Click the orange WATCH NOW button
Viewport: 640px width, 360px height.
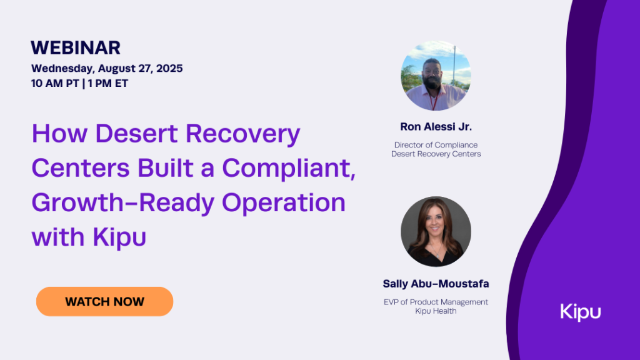coord(104,301)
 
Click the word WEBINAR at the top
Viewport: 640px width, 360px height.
coord(76,47)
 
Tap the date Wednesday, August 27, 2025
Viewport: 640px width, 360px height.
coord(107,68)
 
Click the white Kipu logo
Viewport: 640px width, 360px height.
coord(580,311)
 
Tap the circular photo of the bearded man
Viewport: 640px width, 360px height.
coord(436,76)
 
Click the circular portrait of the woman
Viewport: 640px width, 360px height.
coord(436,232)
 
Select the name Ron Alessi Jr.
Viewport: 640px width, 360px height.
coord(436,127)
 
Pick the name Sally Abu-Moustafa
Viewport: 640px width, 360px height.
coord(436,284)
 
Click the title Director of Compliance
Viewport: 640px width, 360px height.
coord(436,145)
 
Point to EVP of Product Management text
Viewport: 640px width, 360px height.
coord(436,302)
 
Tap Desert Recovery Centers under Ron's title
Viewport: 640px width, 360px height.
coord(436,154)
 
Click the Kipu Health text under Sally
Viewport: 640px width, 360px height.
coord(436,311)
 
